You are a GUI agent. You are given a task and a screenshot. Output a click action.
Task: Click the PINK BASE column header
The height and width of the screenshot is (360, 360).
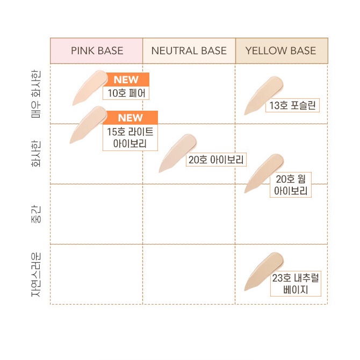pos(97,51)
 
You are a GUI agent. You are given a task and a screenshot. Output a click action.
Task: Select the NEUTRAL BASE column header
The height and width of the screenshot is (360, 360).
pos(189,51)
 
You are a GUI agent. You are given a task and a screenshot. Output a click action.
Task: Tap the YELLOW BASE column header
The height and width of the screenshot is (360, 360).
pos(281,51)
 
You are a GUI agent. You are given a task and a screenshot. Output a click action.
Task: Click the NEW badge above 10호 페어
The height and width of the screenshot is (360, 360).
pos(126,80)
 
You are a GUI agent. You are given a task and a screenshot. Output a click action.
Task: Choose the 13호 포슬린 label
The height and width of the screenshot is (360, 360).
pos(293,105)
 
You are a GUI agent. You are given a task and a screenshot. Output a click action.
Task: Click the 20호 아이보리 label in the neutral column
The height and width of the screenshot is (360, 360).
pos(217,160)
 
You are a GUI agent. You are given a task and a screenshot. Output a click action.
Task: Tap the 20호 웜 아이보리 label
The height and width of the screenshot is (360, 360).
pos(291,185)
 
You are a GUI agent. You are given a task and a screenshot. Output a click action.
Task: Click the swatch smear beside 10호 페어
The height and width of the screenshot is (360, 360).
pos(90,87)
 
